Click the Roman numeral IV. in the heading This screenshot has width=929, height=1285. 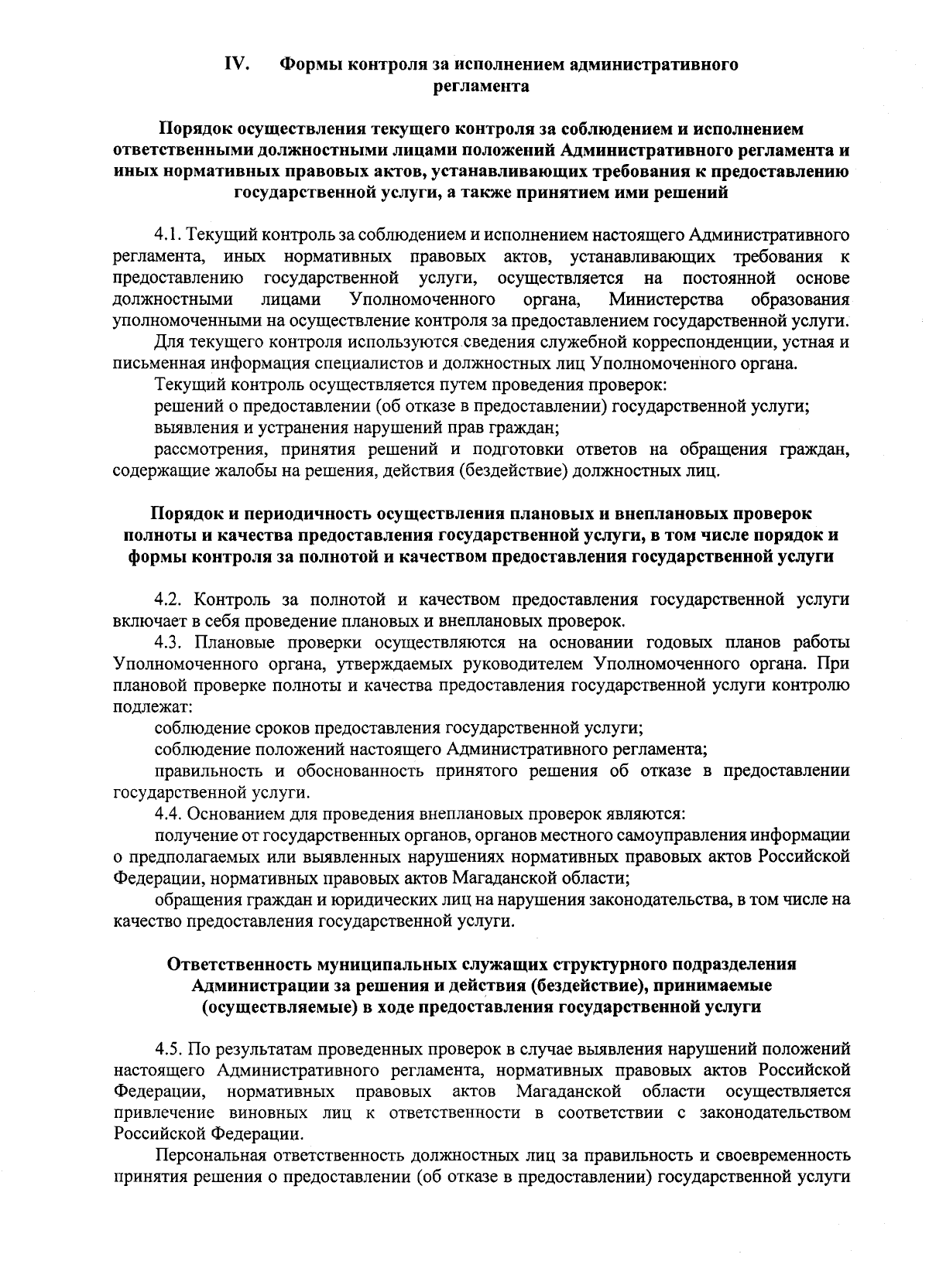click(x=236, y=64)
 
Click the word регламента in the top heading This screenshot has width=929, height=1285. click(x=481, y=86)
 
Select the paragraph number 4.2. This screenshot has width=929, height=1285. click(x=169, y=600)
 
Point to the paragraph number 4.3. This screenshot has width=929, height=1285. click(x=169, y=642)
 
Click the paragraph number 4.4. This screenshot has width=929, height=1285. click(x=169, y=814)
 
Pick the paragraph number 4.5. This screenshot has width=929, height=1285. click(x=169, y=1049)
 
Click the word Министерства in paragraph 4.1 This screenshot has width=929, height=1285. click(x=667, y=299)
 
